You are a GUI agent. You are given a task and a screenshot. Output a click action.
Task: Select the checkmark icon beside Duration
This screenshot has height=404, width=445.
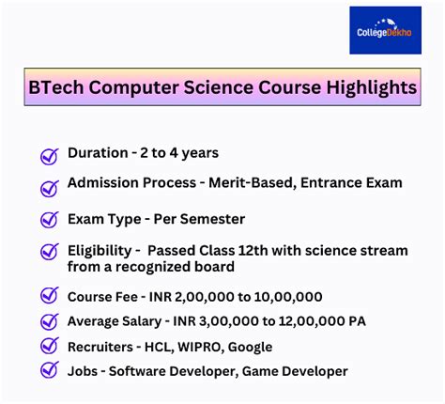pyautogui.click(x=49, y=156)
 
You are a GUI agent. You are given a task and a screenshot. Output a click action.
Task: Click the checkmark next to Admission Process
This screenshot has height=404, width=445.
pyautogui.click(x=49, y=187)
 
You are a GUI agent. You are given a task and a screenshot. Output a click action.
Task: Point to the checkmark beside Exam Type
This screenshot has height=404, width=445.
pyautogui.click(x=49, y=221)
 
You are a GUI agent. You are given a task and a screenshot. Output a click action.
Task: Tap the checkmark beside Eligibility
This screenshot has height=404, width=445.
pyautogui.click(x=49, y=253)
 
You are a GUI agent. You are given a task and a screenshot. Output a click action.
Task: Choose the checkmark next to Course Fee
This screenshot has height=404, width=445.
pyautogui.click(x=49, y=298)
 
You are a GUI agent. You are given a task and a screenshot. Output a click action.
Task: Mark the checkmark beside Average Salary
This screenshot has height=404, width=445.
pyautogui.click(x=49, y=322)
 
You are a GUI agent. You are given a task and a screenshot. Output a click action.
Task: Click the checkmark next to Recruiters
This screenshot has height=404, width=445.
pyautogui.click(x=49, y=347)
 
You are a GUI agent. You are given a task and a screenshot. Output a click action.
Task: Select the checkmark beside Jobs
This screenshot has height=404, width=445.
pyautogui.click(x=49, y=371)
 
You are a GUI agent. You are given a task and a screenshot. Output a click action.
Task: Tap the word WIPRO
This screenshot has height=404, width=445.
pyautogui.click(x=195, y=347)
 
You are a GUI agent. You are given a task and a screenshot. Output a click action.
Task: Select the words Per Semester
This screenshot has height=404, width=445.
pyautogui.click(x=197, y=219)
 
